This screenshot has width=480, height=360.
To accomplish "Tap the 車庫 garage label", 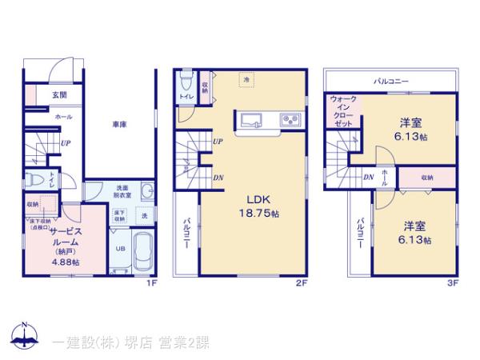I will pyautogui.click(x=121, y=124).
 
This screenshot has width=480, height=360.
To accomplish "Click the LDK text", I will pyautogui.click(x=251, y=201).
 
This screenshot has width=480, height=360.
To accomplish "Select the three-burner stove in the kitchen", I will pyautogui.click(x=288, y=122).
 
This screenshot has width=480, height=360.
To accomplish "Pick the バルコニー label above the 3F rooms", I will pyautogui.click(x=391, y=82).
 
